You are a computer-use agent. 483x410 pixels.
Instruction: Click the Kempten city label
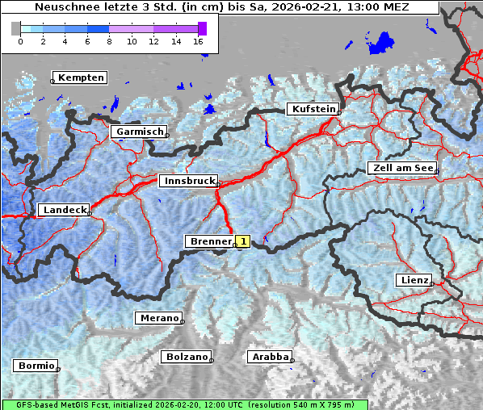pyautogui.click(x=81, y=77)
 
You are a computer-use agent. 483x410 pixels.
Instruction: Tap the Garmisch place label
pyautogui.click(x=139, y=132)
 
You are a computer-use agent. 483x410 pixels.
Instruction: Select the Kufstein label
pyautogui.click(x=313, y=109)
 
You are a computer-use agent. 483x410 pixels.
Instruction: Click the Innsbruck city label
pyautogui.click(x=187, y=182)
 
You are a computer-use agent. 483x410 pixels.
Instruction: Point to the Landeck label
pyautogui.click(x=64, y=210)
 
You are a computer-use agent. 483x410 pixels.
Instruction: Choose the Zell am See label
pyautogui.click(x=402, y=169)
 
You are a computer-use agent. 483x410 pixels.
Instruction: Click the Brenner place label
pyautogui.click(x=210, y=241)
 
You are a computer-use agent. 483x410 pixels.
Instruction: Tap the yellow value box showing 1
pyautogui.click(x=243, y=241)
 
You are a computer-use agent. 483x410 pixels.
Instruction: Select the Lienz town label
pyautogui.click(x=414, y=280)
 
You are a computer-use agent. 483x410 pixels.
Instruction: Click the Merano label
pyautogui.click(x=158, y=318)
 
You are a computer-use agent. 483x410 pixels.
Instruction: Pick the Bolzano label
pyautogui.click(x=187, y=357)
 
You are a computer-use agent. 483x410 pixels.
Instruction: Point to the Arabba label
pyautogui.click(x=270, y=357)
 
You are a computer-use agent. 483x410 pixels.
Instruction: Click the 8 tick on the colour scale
pyautogui.click(x=109, y=40)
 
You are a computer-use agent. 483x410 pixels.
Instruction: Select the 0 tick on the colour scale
pyautogui.click(x=20, y=40)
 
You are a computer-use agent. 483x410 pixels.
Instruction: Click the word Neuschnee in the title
pyautogui.click(x=65, y=7)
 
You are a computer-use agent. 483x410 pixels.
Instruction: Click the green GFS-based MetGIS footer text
pyautogui.click(x=184, y=404)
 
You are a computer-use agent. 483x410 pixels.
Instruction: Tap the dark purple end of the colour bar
pyautogui.click(x=202, y=28)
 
